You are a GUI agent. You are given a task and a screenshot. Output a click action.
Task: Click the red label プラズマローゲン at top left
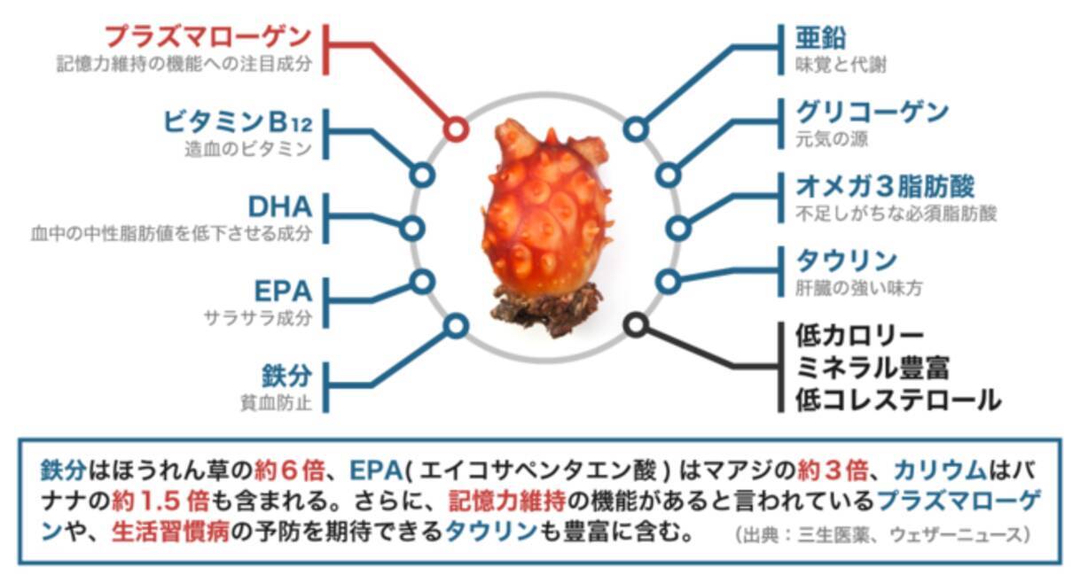(x=208, y=36)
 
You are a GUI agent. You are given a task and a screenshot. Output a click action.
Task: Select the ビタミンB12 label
(x=238, y=120)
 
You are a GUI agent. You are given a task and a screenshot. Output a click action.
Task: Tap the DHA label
(x=279, y=206)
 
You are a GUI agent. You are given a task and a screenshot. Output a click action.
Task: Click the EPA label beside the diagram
(x=283, y=291)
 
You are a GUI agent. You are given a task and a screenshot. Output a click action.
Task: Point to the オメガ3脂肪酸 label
(x=885, y=186)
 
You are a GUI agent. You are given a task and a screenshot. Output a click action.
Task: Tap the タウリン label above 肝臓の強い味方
(x=846, y=261)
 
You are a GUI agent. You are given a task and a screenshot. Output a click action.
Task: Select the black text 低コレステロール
(x=897, y=400)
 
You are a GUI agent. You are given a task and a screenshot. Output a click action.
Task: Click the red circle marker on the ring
(x=456, y=129)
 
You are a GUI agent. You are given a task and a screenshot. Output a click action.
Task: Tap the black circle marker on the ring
(x=635, y=324)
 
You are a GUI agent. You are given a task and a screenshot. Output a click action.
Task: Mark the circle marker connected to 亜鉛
(x=635, y=129)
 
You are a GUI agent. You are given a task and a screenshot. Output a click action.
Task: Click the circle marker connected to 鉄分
(x=456, y=326)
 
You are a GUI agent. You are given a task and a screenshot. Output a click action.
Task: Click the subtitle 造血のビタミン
(x=248, y=150)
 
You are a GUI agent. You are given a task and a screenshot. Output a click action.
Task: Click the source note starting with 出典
(x=882, y=535)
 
